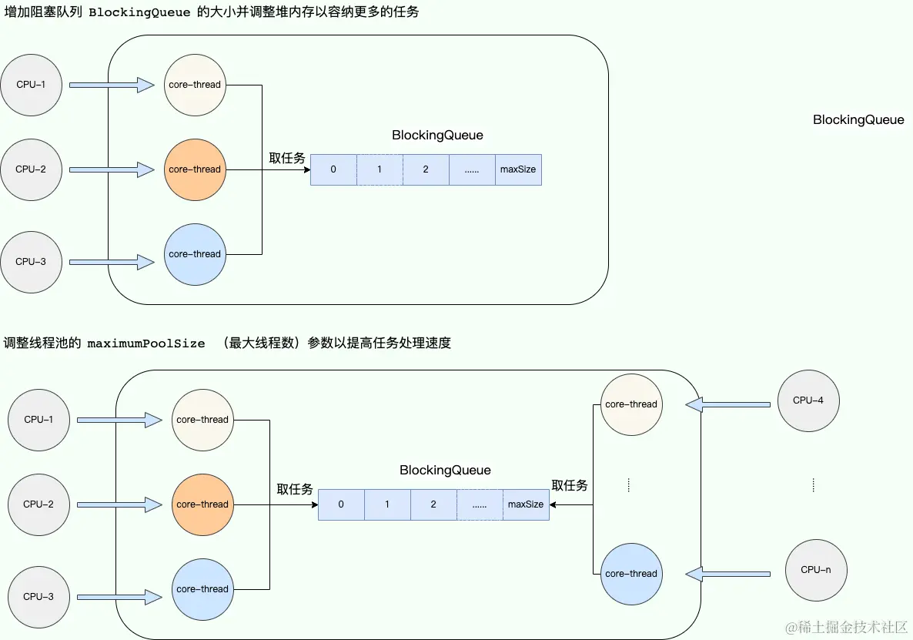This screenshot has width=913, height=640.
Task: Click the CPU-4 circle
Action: tap(808, 400)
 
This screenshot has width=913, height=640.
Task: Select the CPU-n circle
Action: tap(815, 570)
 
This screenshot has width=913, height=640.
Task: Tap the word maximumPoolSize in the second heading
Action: tap(145, 343)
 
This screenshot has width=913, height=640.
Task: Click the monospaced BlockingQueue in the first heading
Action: tap(139, 12)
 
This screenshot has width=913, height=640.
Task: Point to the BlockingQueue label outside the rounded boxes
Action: tap(858, 119)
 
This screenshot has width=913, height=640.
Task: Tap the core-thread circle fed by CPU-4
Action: tap(631, 404)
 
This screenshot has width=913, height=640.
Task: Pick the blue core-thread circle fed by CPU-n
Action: tap(631, 574)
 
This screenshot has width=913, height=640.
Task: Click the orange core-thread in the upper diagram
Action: tap(195, 169)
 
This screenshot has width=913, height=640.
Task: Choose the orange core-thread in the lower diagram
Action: tap(202, 504)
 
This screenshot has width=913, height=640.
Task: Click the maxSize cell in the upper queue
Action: tap(518, 169)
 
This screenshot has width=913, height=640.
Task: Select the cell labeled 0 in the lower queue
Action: tap(341, 504)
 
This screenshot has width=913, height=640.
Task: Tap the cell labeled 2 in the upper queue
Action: tap(426, 169)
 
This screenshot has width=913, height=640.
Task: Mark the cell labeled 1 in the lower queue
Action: tap(387, 504)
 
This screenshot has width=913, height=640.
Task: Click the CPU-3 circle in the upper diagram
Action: tap(31, 262)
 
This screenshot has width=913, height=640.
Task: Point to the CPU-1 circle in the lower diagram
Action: tap(38, 420)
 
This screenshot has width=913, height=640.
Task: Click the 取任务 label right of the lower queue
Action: tap(570, 485)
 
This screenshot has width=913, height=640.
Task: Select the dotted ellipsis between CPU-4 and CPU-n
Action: tap(813, 485)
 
